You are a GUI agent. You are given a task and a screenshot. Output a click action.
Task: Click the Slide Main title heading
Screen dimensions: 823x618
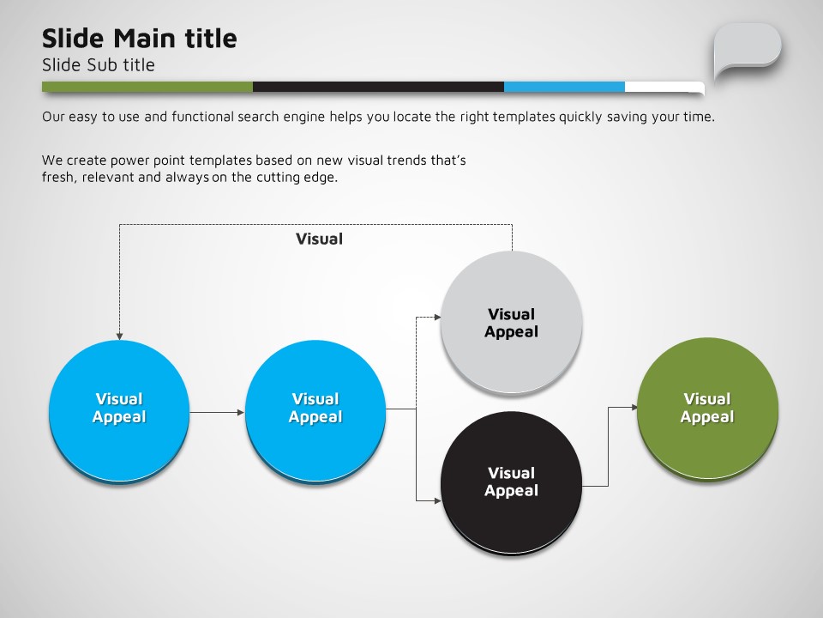click(x=139, y=39)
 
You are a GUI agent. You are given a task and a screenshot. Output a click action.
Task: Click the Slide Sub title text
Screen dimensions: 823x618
click(x=98, y=64)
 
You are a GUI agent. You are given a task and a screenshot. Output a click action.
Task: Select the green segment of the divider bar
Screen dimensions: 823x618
click(x=147, y=87)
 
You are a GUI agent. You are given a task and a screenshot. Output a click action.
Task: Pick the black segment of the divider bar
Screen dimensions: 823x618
click(x=378, y=87)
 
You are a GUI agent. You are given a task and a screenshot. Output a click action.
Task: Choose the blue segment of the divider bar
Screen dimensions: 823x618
click(x=564, y=87)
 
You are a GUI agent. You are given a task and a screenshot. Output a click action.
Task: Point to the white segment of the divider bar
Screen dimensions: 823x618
click(x=664, y=88)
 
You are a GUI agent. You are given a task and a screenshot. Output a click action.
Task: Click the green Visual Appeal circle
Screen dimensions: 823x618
click(x=707, y=409)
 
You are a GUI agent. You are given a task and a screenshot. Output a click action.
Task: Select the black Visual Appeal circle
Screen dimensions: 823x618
click(x=511, y=482)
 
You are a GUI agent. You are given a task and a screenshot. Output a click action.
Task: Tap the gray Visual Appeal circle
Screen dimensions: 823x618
click(x=511, y=322)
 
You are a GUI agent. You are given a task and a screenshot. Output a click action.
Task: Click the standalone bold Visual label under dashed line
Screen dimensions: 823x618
click(x=319, y=239)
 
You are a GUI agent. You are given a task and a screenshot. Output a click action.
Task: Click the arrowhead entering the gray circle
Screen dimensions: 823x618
click(x=437, y=317)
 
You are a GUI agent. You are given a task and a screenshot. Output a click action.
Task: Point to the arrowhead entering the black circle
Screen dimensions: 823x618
click(x=438, y=500)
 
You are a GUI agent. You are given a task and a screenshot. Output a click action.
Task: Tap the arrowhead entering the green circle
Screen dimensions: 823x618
click(x=634, y=407)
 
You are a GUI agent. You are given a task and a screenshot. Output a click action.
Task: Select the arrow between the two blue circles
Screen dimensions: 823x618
click(x=217, y=413)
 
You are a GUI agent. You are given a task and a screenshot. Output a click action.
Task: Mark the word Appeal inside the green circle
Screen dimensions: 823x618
click(x=707, y=417)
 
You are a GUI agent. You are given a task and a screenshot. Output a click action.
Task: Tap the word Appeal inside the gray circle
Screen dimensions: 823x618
click(x=511, y=332)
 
